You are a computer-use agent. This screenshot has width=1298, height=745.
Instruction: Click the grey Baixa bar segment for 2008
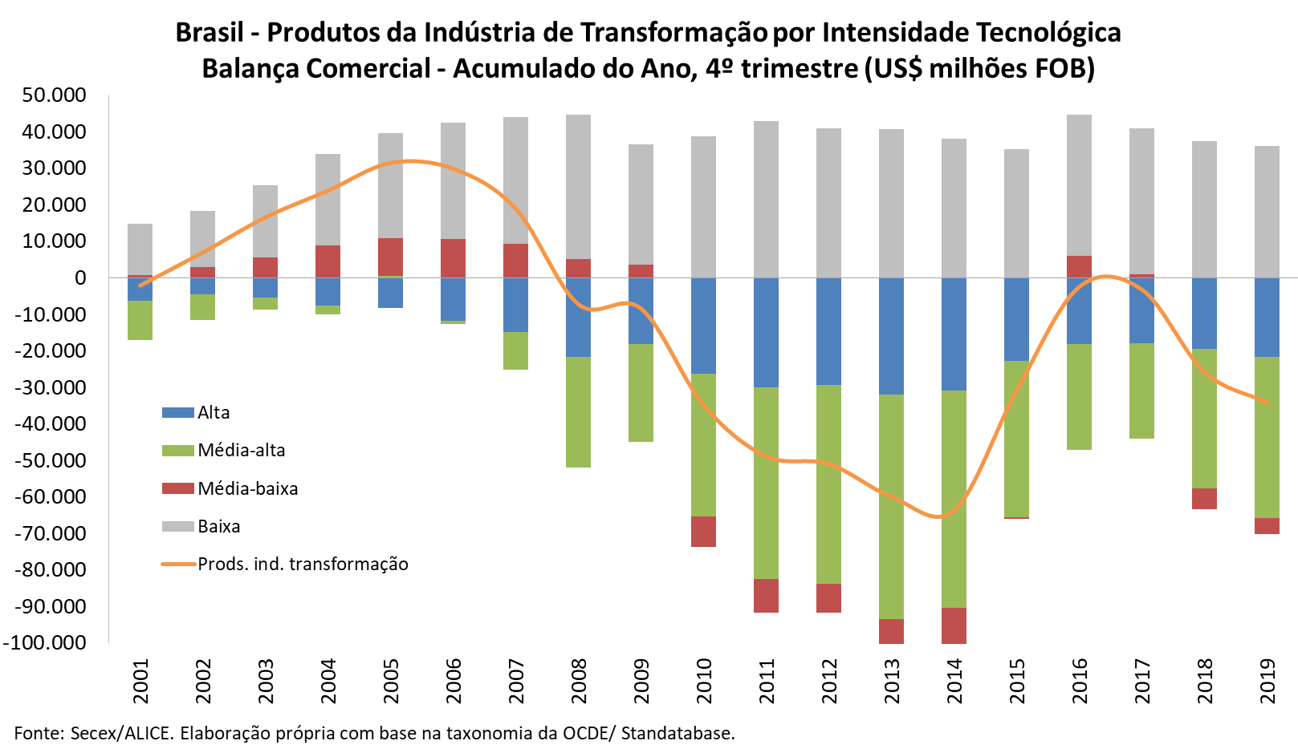pyautogui.click(x=578, y=186)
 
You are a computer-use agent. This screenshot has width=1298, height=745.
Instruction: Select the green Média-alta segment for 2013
pyautogui.click(x=891, y=506)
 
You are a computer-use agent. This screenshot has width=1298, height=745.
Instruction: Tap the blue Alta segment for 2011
pyautogui.click(x=766, y=332)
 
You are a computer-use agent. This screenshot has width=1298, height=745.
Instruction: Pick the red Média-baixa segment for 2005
pyautogui.click(x=390, y=257)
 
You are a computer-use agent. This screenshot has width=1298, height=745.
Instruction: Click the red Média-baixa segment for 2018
pyautogui.click(x=1204, y=498)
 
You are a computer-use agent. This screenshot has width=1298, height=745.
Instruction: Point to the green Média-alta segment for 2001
pyautogui.click(x=140, y=320)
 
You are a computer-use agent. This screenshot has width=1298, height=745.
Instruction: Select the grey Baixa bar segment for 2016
pyautogui.click(x=1079, y=185)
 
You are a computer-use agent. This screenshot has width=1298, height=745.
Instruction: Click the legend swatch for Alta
pyautogui.click(x=177, y=413)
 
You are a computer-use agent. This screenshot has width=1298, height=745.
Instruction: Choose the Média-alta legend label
pyautogui.click(x=242, y=451)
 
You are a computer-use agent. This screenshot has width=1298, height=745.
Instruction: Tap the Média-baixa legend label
pyautogui.click(x=248, y=489)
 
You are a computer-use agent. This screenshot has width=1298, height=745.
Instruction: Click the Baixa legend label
pyautogui.click(x=219, y=527)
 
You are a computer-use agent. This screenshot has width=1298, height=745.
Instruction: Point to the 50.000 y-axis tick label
pyautogui.click(x=55, y=95)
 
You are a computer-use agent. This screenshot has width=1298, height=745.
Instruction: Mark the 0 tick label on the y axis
pyautogui.click(x=80, y=278)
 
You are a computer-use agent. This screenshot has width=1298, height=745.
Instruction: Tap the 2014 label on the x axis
pyautogui.click(x=954, y=681)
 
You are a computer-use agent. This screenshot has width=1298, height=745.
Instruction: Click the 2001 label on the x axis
pyautogui.click(x=140, y=681)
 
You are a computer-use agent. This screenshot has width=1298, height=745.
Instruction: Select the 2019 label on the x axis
pyautogui.click(x=1267, y=681)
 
